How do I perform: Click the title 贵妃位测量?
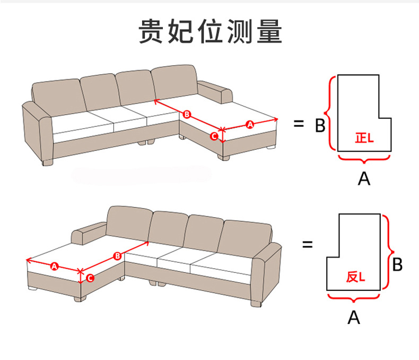pos(210,32)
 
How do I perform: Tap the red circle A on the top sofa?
pos(250,124)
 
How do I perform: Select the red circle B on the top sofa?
pos(186,114)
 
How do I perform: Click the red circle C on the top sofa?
pos(214,136)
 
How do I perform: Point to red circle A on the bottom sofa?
pos(54,266)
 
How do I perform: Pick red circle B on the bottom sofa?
pos(117,256)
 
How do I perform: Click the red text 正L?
pos(364,138)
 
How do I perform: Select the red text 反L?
pos(355,277)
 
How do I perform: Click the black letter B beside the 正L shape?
pos(320,126)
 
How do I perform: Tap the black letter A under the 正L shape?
pos(363,178)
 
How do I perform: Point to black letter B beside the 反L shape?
pos(398,264)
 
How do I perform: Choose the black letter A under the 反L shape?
pos(354,317)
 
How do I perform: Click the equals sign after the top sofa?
pos(299,124)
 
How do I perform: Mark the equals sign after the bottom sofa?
pos(307,245)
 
